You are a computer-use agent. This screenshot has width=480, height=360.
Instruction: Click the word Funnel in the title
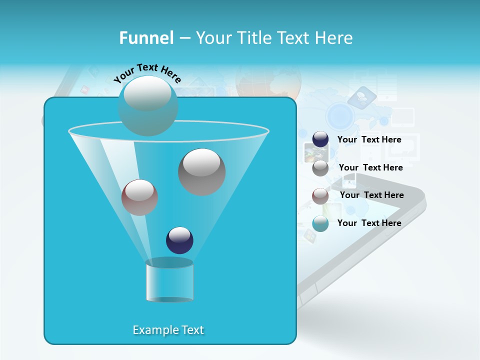(x=146, y=38)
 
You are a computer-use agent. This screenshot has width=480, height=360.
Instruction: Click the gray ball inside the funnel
(x=201, y=172)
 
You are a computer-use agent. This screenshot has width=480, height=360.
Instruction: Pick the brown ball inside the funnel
(x=139, y=197)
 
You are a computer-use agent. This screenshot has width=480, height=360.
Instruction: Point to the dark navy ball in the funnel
(x=179, y=240)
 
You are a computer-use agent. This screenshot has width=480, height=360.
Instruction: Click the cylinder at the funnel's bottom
(x=169, y=281)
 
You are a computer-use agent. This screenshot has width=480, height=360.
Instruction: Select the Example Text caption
(x=168, y=330)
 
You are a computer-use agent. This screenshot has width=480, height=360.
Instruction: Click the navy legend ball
(x=320, y=139)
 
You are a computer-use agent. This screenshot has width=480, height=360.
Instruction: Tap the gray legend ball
(x=320, y=168)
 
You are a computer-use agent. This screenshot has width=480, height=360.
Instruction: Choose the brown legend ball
(x=320, y=196)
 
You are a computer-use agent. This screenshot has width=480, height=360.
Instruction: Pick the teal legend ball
(x=320, y=223)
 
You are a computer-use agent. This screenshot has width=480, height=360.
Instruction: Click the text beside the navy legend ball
(x=369, y=140)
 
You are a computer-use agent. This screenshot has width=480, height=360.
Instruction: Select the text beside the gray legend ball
(x=370, y=168)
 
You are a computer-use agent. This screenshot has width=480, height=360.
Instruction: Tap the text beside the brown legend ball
(x=371, y=195)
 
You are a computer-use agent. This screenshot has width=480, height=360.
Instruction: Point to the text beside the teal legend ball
(x=369, y=223)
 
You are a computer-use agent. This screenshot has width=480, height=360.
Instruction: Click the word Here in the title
(x=334, y=38)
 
